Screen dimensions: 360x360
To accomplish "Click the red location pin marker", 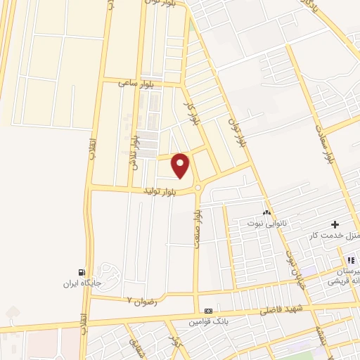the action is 181,165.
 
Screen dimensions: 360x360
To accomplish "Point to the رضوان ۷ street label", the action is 139,300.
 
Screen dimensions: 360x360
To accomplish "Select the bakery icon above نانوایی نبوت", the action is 266,212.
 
